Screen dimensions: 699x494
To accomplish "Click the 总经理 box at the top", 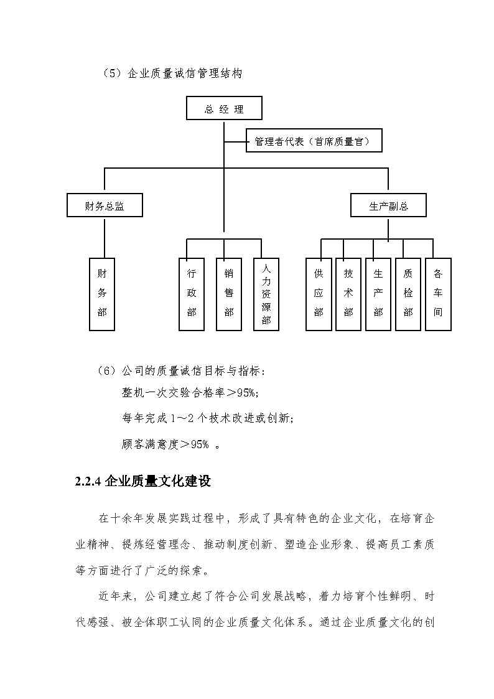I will (x=224, y=108).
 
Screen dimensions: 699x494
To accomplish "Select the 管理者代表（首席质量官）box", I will (x=314, y=141).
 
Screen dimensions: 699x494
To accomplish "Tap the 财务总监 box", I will (x=105, y=205).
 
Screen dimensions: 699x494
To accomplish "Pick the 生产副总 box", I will (x=388, y=205).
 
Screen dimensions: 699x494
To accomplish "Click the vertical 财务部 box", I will (x=102, y=294).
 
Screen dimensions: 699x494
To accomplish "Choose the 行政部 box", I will (x=192, y=294).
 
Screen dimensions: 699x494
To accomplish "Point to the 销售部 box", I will (x=229, y=294).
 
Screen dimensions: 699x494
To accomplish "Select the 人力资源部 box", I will (x=266, y=294).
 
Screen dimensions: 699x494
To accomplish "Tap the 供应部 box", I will (x=319, y=294).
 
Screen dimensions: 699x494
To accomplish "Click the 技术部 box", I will (x=348, y=294).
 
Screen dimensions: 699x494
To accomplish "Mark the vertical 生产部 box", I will (x=378, y=294).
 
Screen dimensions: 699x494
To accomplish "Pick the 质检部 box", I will (x=408, y=294).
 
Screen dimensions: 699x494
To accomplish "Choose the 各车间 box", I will (x=438, y=294).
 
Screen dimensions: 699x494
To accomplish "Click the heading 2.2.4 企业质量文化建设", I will (x=142, y=481).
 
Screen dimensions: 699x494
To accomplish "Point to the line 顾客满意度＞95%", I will (x=171, y=444).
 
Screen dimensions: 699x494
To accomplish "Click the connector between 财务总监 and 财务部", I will (x=104, y=237).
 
